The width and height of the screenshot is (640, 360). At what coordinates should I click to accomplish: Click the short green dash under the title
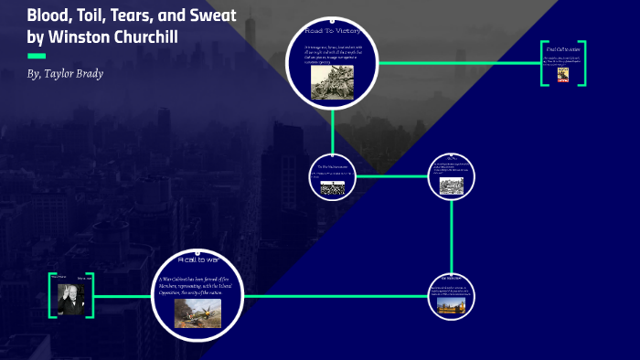37,56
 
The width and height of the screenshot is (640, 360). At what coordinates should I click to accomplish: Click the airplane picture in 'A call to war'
197,312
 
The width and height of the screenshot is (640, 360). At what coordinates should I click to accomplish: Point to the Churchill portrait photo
71,296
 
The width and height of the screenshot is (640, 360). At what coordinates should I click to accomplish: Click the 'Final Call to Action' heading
562,49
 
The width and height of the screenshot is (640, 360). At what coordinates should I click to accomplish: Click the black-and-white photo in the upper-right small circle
452,185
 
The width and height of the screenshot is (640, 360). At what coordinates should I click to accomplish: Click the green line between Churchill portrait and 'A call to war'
123,295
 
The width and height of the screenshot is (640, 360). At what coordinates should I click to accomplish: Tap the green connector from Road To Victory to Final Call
457,63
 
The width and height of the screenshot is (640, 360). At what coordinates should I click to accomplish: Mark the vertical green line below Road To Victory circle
332,130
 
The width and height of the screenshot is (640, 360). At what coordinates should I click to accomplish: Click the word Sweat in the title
212,15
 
